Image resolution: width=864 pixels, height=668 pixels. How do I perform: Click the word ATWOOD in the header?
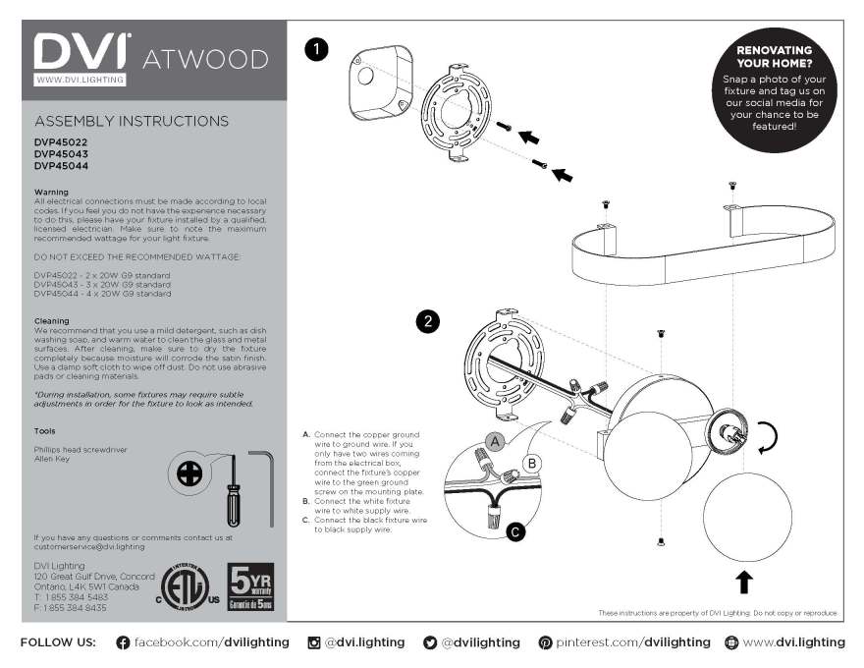pyautogui.click(x=205, y=59)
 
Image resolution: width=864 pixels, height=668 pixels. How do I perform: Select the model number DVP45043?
pyautogui.click(x=61, y=153)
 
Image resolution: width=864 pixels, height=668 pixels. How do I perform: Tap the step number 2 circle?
pyautogui.click(x=428, y=321)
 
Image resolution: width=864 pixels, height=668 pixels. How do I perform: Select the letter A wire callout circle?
pyautogui.click(x=497, y=443)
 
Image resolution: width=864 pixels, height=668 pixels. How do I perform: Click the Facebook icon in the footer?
pyautogui.click(x=123, y=642)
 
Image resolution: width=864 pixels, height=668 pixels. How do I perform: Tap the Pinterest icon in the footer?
pyautogui.click(x=545, y=642)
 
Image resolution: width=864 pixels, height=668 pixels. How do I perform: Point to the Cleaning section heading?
pyautogui.click(x=51, y=321)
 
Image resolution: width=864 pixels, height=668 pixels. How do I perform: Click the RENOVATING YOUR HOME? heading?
pyautogui.click(x=774, y=56)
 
